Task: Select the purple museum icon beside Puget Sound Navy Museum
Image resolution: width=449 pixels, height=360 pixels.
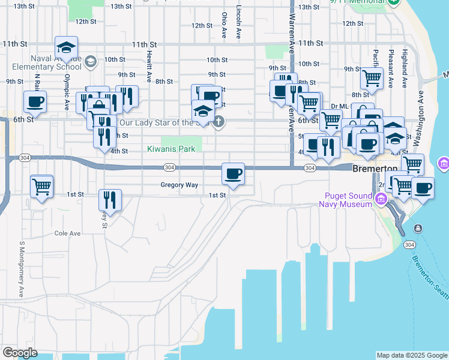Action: (x=380, y=199)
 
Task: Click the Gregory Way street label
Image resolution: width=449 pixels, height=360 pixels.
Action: (x=179, y=185)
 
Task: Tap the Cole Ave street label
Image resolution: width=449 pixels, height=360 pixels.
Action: (x=67, y=233)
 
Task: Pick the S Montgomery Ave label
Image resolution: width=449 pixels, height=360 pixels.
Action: (x=22, y=269)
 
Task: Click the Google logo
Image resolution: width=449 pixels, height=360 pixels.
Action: (x=20, y=353)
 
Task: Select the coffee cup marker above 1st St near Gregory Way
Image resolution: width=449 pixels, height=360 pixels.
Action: (x=233, y=174)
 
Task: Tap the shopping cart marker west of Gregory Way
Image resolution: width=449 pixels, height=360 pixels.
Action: (x=41, y=187)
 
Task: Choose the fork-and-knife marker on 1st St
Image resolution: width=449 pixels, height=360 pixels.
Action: (x=109, y=199)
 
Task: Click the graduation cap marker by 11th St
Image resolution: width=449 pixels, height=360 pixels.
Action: (x=66, y=47)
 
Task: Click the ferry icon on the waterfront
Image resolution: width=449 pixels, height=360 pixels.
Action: (x=417, y=228)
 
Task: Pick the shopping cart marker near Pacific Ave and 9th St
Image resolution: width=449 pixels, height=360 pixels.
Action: (x=372, y=78)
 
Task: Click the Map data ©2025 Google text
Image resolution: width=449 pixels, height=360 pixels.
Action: (x=411, y=355)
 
